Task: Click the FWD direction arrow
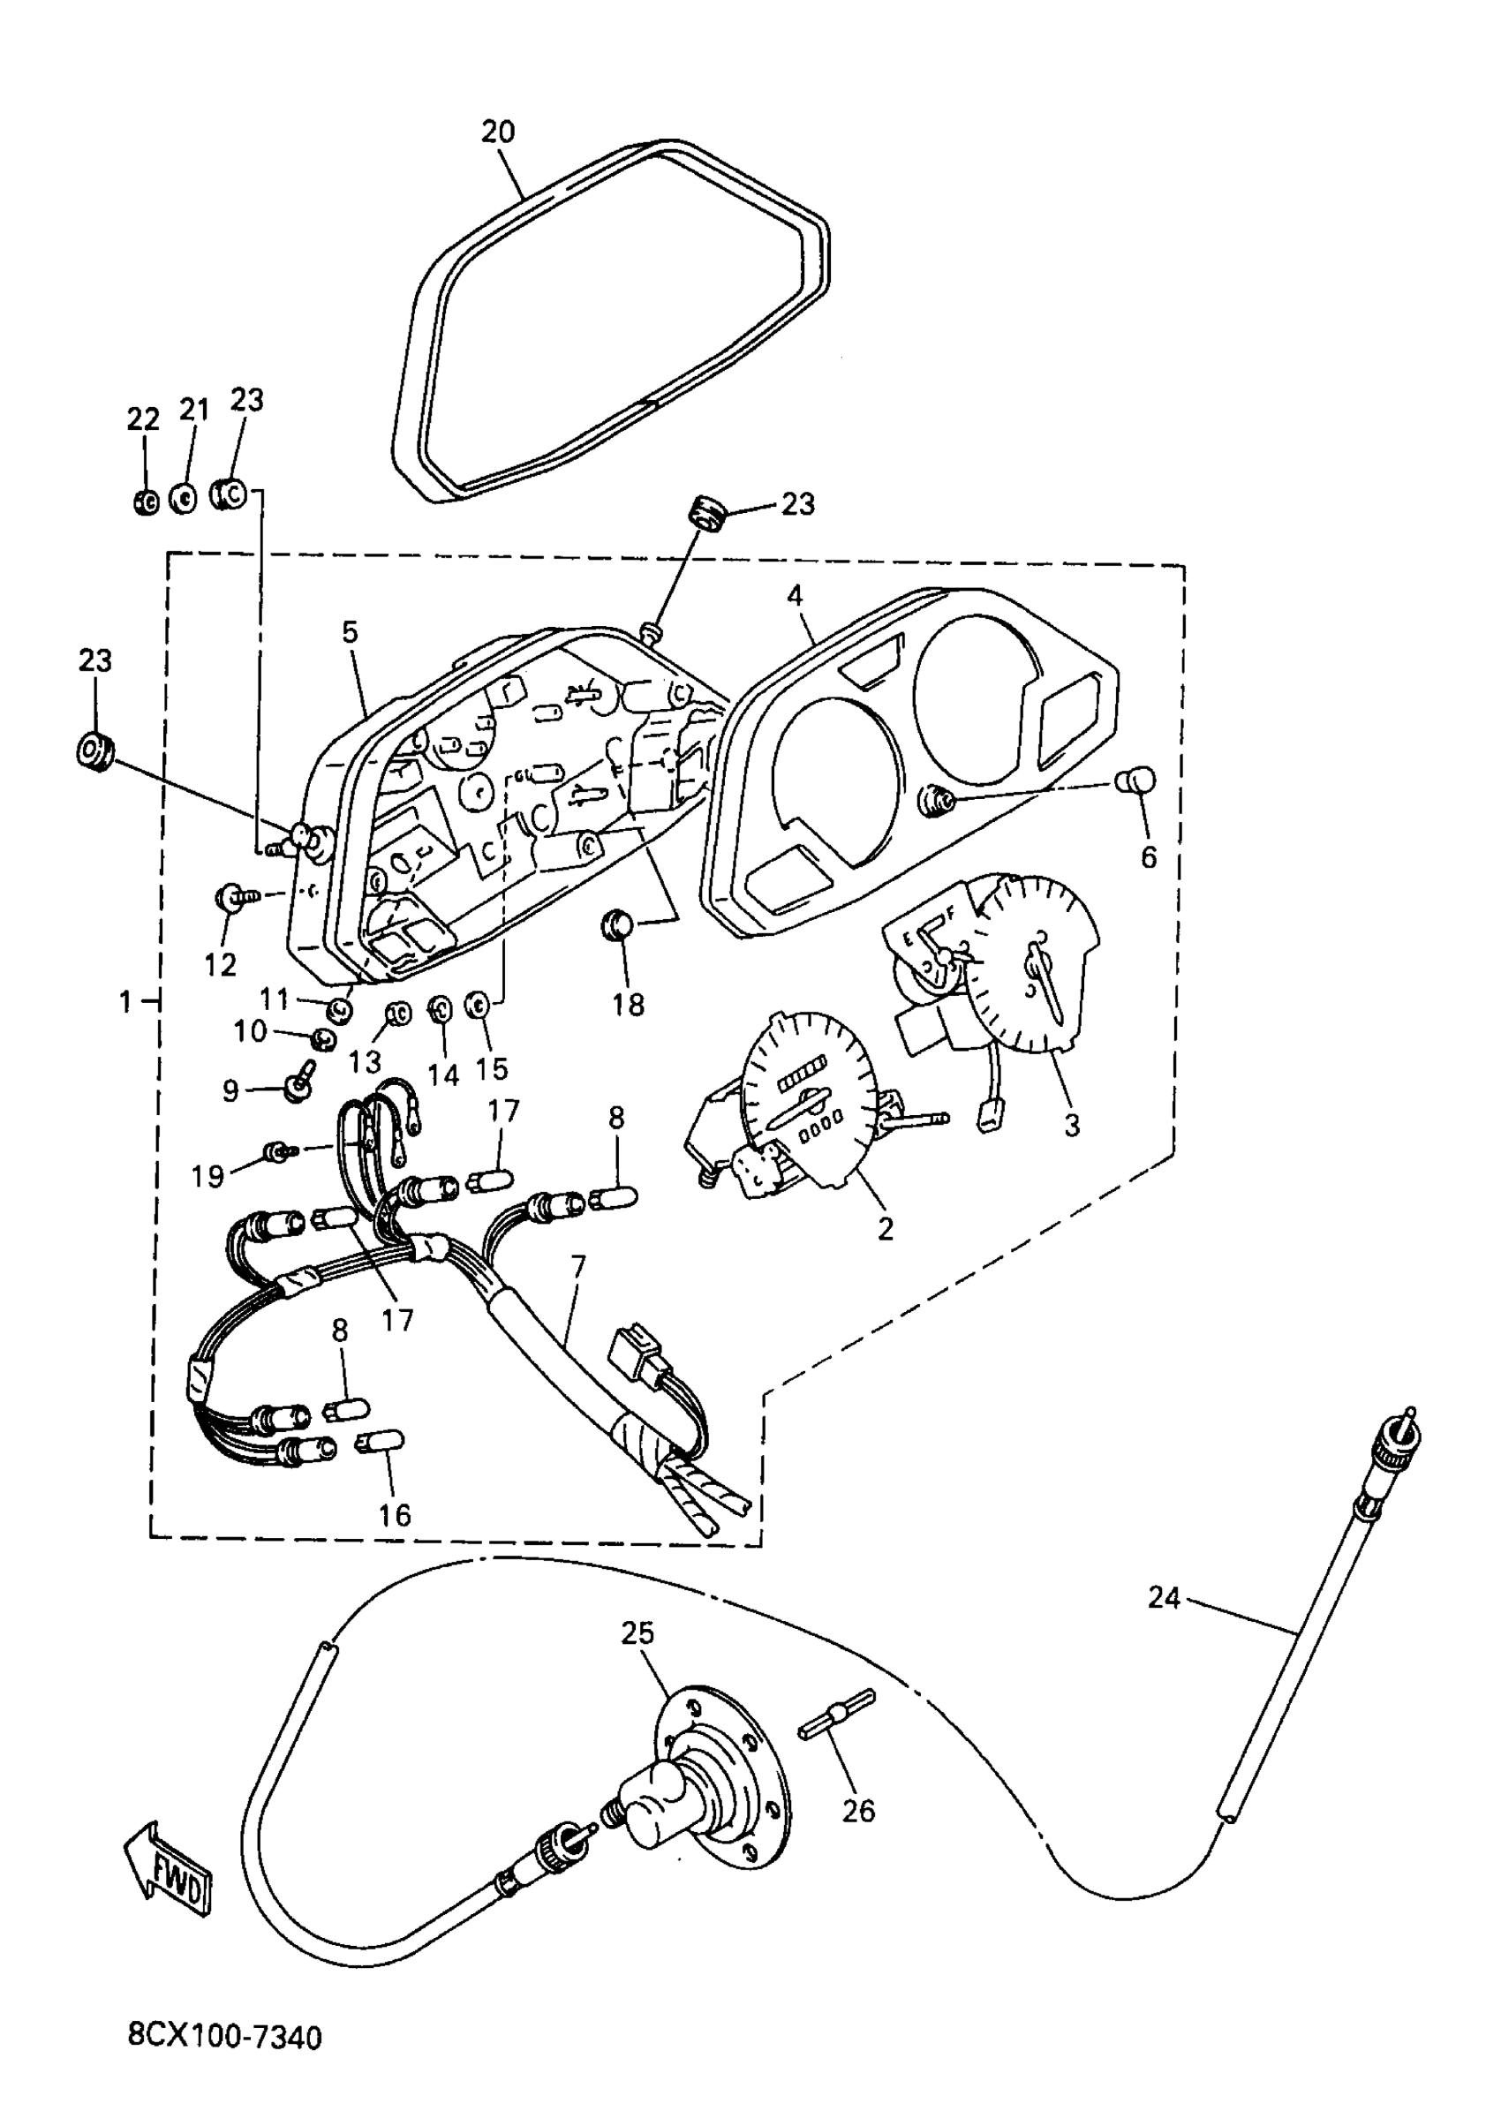(x=169, y=1872)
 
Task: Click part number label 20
(x=497, y=132)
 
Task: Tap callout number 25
(x=637, y=1633)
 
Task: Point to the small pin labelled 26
(x=836, y=1712)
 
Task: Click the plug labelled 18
(x=616, y=924)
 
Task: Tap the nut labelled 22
(x=145, y=501)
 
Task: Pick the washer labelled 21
(x=184, y=499)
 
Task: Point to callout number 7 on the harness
(x=577, y=1266)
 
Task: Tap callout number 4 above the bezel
(x=795, y=596)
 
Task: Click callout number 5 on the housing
(x=350, y=633)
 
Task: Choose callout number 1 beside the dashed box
(x=125, y=1001)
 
